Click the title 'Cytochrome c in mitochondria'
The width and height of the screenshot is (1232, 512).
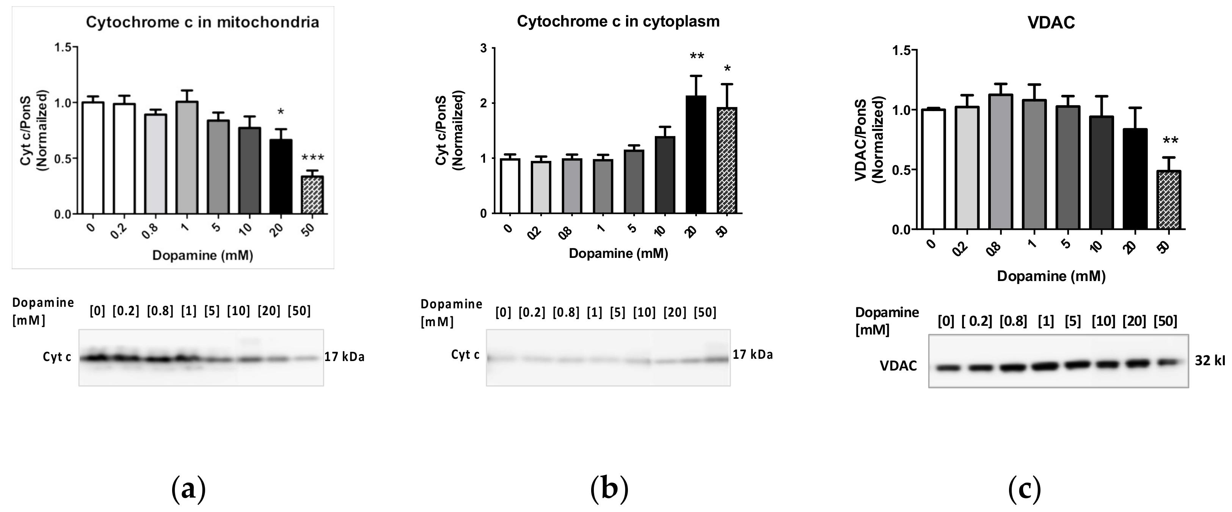click(x=202, y=22)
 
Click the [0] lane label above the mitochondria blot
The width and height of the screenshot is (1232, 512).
click(x=97, y=311)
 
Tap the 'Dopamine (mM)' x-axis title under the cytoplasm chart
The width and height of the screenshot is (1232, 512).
click(x=618, y=253)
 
